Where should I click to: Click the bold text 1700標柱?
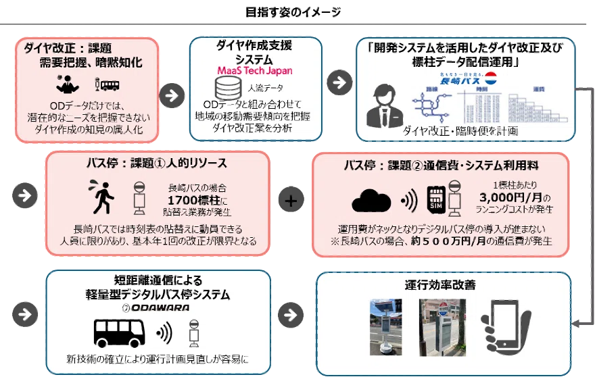(x=186, y=200)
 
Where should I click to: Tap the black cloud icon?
(x=373, y=201)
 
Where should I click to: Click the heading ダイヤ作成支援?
(x=254, y=46)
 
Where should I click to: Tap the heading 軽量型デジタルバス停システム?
(x=155, y=295)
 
